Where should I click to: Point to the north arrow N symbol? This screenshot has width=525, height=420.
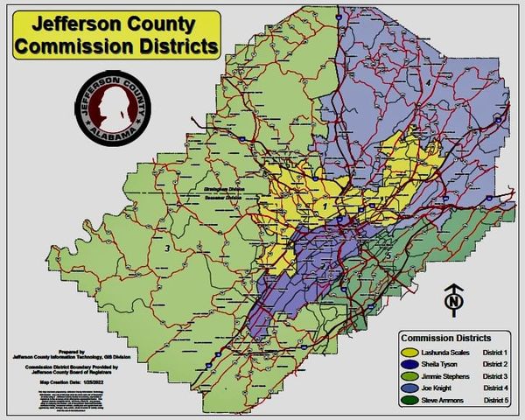[x=453, y=300]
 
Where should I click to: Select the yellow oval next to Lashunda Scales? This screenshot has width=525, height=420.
[x=409, y=351]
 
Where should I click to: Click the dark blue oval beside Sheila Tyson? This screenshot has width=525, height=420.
[x=409, y=363]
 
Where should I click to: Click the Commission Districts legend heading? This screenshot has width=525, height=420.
[x=445, y=337]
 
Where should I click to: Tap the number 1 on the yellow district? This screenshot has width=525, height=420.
[x=326, y=206]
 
